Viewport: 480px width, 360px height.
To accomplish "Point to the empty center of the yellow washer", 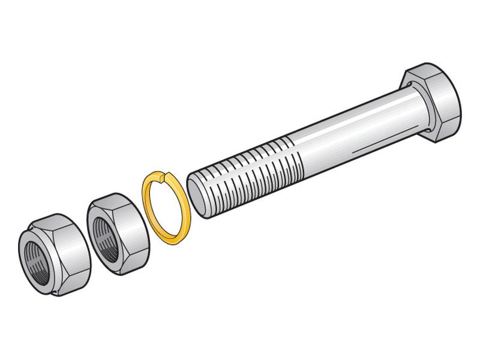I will tap(167, 210).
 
